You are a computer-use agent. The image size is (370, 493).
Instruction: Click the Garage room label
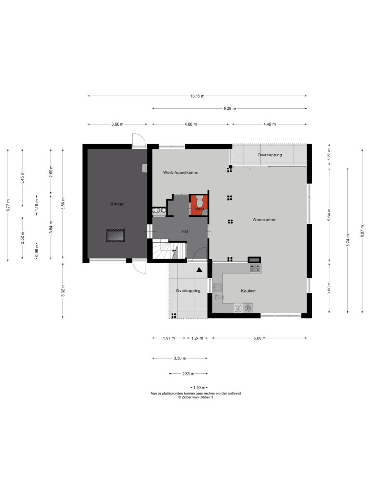[x=118, y=204]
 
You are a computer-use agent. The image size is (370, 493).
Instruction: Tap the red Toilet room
[x=198, y=205]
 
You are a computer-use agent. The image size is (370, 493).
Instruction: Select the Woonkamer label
[x=264, y=220]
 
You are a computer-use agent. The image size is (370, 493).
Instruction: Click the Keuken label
[x=248, y=291]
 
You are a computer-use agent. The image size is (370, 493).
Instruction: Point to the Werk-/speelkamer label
[x=181, y=173]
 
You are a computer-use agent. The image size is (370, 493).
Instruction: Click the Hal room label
[x=185, y=231]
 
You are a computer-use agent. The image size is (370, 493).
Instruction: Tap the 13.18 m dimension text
[x=197, y=96]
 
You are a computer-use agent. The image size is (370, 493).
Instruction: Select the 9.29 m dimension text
[x=230, y=108]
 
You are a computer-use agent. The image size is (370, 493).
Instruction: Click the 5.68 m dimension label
[x=260, y=338]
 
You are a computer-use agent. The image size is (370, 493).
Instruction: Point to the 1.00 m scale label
[x=199, y=388]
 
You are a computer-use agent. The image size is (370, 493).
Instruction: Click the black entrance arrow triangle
[x=199, y=270]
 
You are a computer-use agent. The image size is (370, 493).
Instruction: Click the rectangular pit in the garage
[x=116, y=235]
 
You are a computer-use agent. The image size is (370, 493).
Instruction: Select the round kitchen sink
[x=248, y=308]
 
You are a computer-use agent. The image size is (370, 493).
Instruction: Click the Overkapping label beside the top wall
[x=270, y=155]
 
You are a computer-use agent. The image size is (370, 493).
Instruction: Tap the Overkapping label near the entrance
[x=188, y=291]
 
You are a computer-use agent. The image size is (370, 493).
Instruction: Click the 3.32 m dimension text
[x=63, y=290]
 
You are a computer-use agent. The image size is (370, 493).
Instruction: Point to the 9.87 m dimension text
[x=362, y=231]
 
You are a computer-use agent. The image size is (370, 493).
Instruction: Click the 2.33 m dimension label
[x=188, y=374]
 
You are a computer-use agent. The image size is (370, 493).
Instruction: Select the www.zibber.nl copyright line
[x=196, y=397]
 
